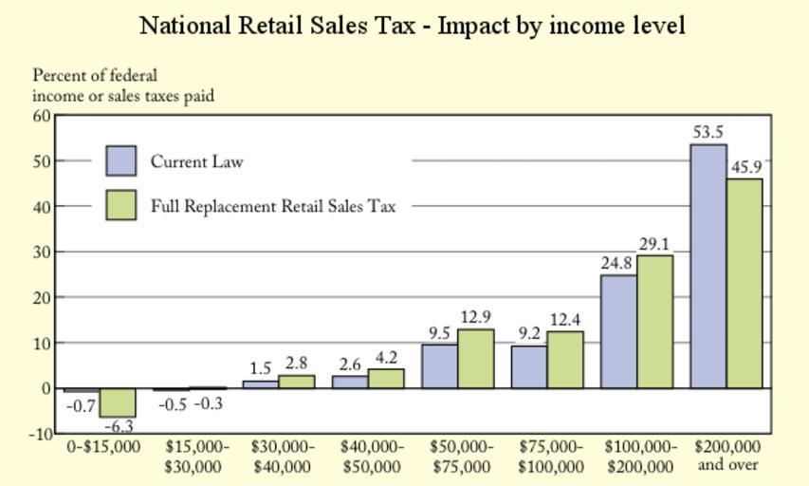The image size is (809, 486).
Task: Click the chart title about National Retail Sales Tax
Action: coord(412,26)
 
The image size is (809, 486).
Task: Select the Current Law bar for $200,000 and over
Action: coord(708,266)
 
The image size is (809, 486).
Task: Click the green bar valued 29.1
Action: coord(654,322)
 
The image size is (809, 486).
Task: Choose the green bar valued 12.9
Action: coord(475,359)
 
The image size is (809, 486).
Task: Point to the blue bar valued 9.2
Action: coord(529,366)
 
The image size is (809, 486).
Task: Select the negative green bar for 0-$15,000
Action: coord(119,402)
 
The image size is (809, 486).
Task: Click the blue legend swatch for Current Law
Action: coord(121,161)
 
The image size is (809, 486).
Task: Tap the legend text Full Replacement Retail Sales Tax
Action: coord(273,206)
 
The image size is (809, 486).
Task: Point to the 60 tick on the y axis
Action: coord(41,116)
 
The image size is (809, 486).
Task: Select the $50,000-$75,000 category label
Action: coord(461,456)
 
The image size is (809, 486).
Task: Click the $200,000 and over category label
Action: coord(727,456)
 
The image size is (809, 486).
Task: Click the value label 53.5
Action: coord(708,133)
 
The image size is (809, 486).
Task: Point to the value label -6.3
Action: coord(120,426)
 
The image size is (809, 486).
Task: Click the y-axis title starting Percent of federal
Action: coord(123,85)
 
